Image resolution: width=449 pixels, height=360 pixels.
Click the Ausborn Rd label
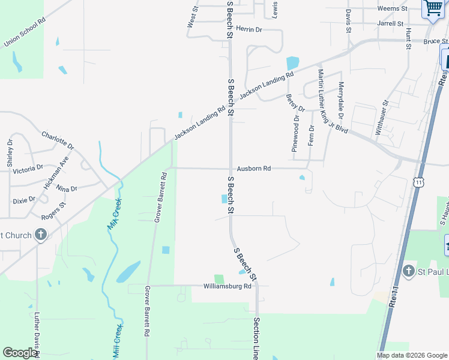(x=254, y=169)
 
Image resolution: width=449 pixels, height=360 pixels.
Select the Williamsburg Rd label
(x=227, y=286)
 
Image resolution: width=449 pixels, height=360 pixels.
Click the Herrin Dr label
(x=249, y=29)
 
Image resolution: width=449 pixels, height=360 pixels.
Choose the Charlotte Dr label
(x=57, y=140)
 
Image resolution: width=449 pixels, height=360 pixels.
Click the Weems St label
(x=393, y=9)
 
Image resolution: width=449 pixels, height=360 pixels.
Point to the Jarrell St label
(x=391, y=24)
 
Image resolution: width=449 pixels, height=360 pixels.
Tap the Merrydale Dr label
(x=341, y=99)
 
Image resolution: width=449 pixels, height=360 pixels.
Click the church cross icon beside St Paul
(x=408, y=271)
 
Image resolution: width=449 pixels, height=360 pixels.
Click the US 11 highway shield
(x=418, y=181)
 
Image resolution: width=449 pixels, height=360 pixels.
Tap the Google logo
(x=20, y=352)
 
